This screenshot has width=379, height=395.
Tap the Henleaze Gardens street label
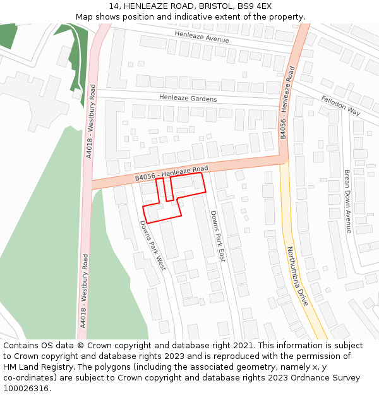point(188,99)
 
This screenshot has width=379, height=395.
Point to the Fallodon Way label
point(340,106)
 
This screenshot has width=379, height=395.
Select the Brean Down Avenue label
point(347,201)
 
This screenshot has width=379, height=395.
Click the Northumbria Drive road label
point(298,276)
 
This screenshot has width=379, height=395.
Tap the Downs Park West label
point(152,245)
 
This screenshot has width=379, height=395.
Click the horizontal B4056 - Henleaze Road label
point(171,173)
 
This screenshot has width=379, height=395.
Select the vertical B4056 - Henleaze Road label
point(287,102)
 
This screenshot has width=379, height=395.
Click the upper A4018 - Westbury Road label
point(92,123)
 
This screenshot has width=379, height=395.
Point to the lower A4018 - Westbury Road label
point(83,290)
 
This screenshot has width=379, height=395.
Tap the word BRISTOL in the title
point(215,6)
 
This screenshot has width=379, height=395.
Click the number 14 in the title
point(114,6)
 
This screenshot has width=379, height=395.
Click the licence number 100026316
point(27,389)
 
